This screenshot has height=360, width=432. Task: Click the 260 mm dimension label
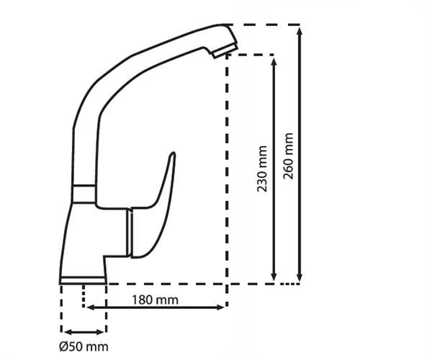[x=288, y=156]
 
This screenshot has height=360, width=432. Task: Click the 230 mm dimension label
[x=262, y=169]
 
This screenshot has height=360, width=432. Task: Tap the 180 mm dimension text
[x=155, y=300]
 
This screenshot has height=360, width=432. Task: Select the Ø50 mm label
[x=84, y=347]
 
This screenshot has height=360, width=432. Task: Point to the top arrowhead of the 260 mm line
[x=300, y=31]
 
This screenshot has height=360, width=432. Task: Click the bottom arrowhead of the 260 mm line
[x=300, y=277]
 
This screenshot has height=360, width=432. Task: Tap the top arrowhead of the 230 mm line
[x=274, y=62]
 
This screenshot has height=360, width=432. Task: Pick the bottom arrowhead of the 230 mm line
[x=274, y=277]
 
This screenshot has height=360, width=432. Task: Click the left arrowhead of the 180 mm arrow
[x=90, y=307]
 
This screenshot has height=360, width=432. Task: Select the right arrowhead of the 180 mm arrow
[x=220, y=307]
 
